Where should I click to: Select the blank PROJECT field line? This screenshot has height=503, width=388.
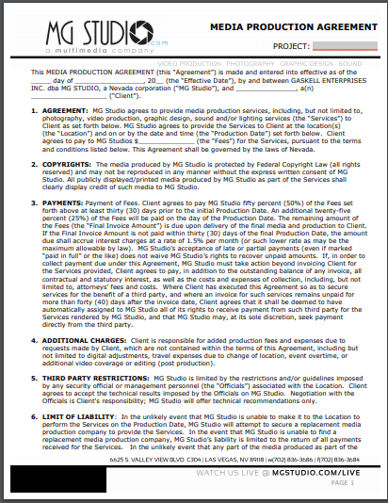[345, 45]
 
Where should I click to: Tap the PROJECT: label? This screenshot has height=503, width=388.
[292, 45]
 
